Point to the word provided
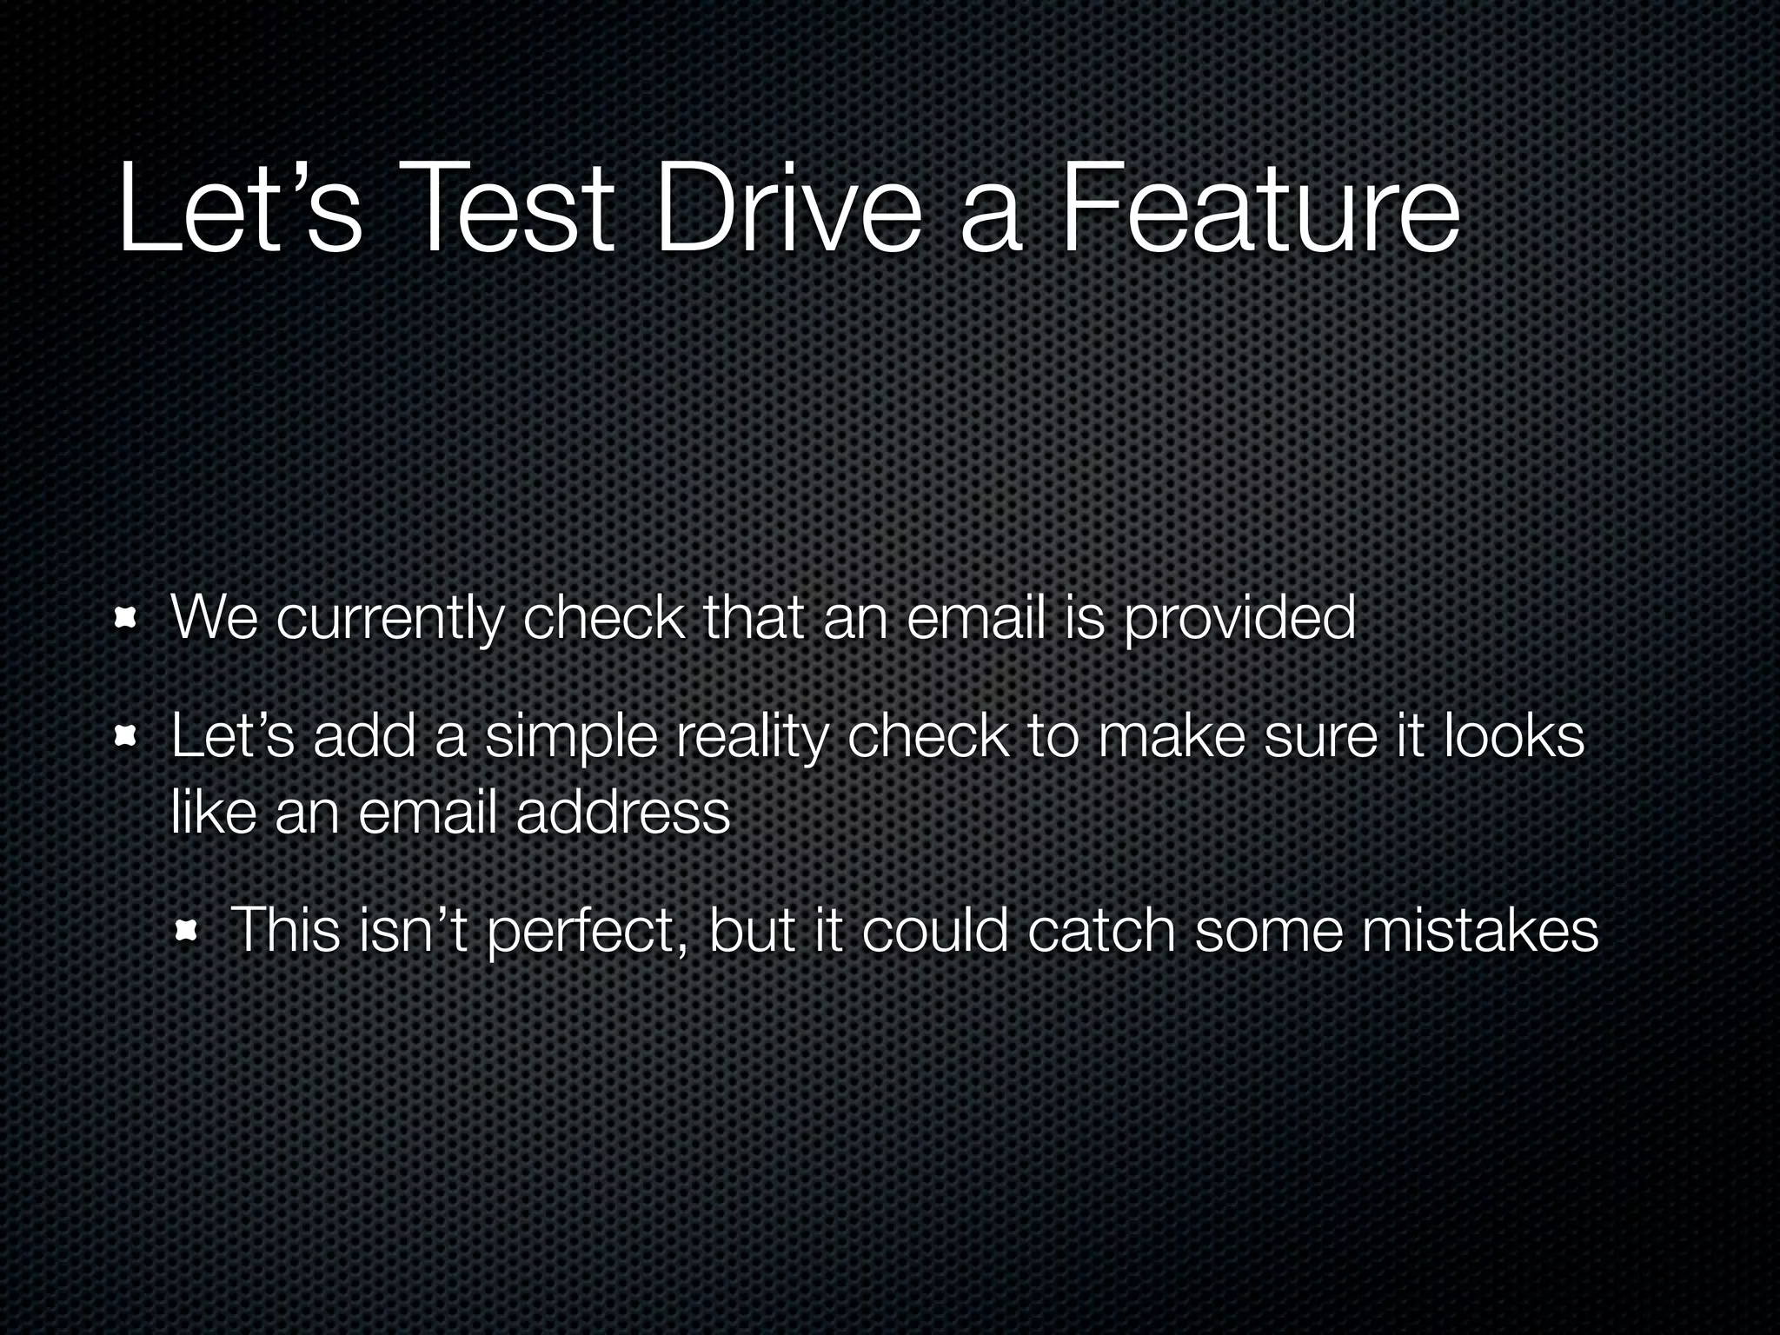click(x=1239, y=619)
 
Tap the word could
click(x=935, y=930)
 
